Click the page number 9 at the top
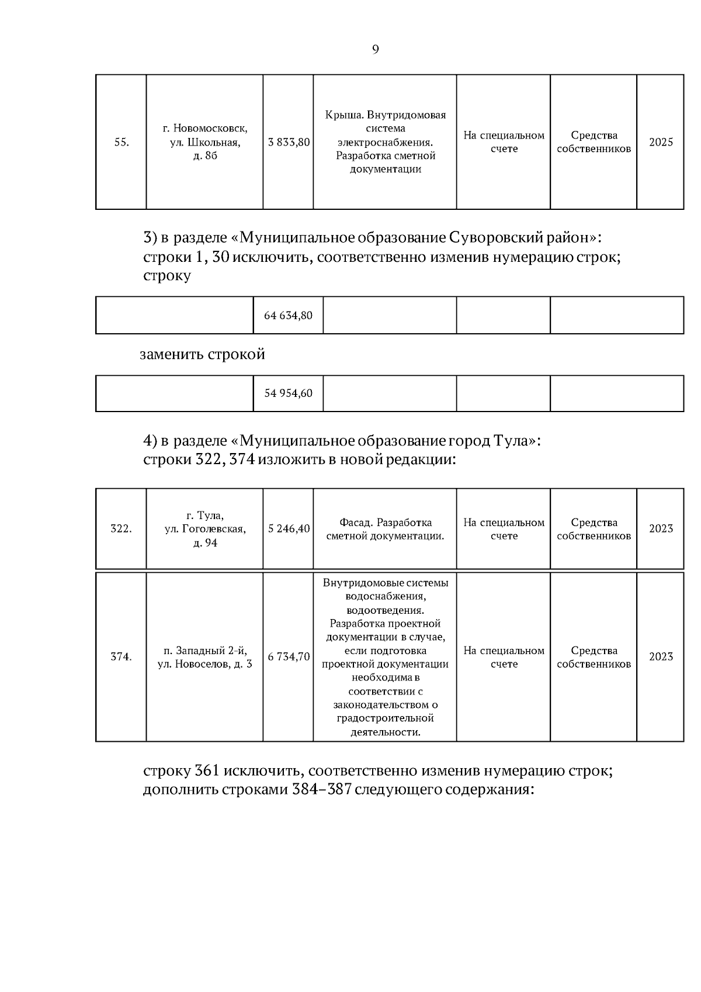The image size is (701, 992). click(x=375, y=50)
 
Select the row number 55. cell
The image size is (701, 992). click(x=121, y=142)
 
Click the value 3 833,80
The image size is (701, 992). click(x=289, y=142)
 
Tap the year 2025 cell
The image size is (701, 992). click(x=661, y=142)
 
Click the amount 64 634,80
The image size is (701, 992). click(x=288, y=316)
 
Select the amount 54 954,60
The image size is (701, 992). click(x=288, y=393)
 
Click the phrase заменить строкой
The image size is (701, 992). click(x=202, y=354)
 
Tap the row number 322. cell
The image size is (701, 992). click(x=121, y=529)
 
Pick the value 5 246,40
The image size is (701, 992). click(x=289, y=529)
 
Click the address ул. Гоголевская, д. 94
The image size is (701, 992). click(x=205, y=536)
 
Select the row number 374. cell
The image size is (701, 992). click(x=121, y=657)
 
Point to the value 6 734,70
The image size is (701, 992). click(x=289, y=657)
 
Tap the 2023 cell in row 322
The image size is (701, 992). click(x=661, y=529)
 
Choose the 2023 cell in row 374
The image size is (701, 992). click(x=661, y=657)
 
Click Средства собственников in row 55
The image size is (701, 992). click(x=594, y=142)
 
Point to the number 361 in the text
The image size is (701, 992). click(x=206, y=771)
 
